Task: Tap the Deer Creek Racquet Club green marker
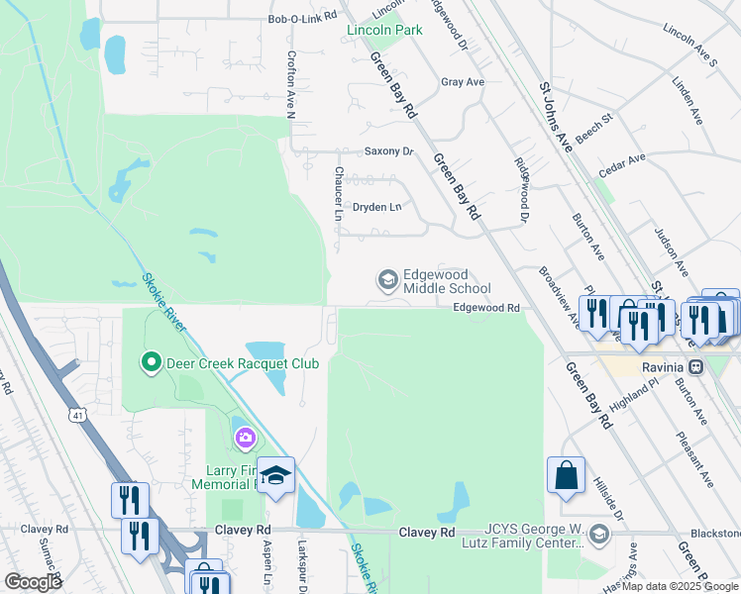151,363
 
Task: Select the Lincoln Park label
384,30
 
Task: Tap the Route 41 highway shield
76,416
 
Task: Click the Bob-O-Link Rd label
302,18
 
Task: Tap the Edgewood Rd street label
486,308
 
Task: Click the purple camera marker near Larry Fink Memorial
244,437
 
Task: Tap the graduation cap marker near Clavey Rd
276,473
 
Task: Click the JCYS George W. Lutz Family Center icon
598,536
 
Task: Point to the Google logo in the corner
33,582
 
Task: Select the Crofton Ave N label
291,86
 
